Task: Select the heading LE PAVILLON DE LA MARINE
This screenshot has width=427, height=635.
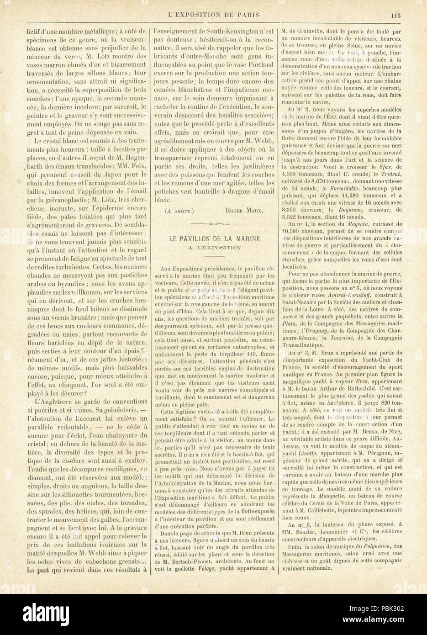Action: tap(214, 238)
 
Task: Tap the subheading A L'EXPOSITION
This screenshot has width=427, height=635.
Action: tap(214, 248)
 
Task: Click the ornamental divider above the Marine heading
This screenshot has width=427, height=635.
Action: tap(214, 224)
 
